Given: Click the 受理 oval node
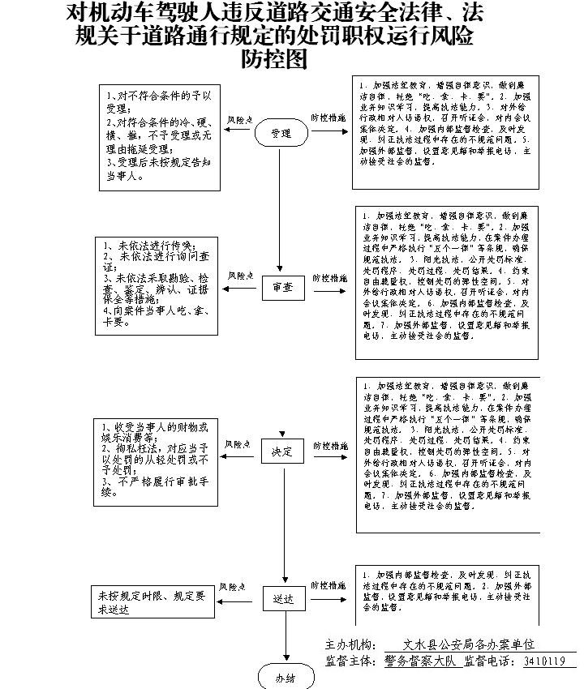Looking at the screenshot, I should [x=281, y=134].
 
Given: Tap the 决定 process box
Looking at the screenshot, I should [x=282, y=451].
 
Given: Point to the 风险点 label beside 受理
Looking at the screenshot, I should [x=239, y=118].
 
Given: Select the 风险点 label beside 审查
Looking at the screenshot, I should [x=241, y=276].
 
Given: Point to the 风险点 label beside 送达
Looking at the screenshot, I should [x=233, y=586].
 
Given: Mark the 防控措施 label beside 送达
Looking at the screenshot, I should [x=328, y=585].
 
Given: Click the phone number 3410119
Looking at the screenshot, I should [x=545, y=661].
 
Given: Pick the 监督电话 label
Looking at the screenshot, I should [x=492, y=661].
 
